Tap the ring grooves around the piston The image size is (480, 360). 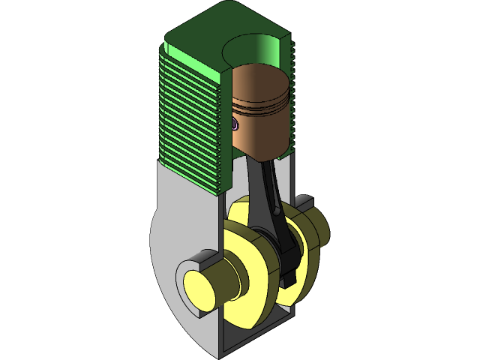262,108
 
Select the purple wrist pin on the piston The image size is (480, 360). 235,124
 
